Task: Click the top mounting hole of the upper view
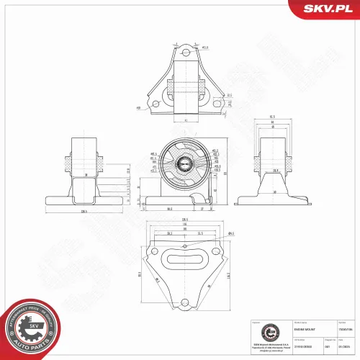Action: tap(186, 52)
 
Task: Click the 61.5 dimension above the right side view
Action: tap(273, 116)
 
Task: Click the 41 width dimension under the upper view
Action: tap(186, 119)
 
